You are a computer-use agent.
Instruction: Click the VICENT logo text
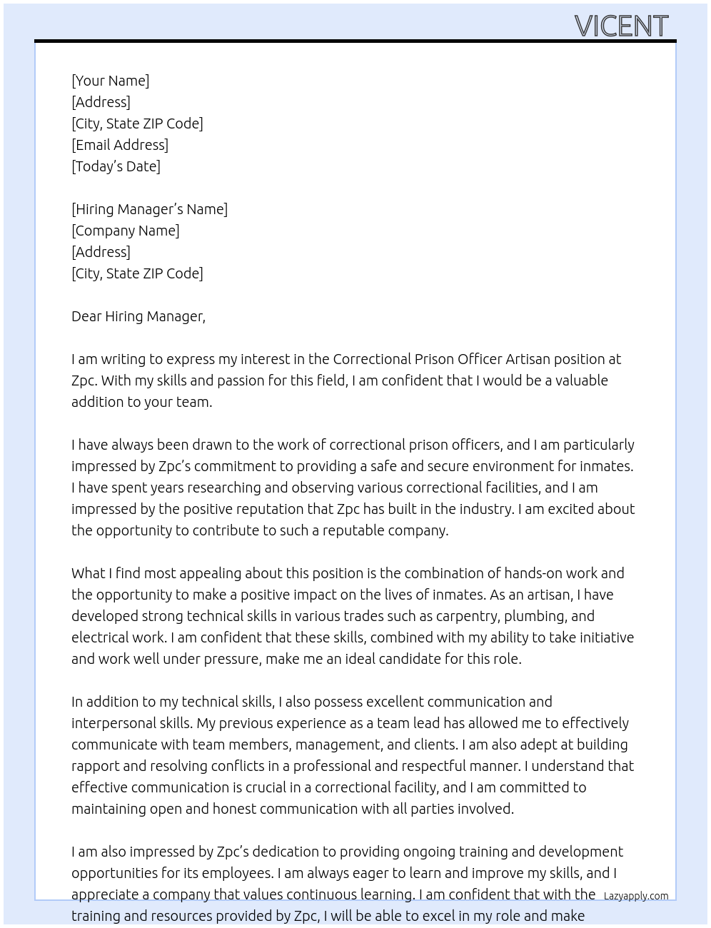[621, 26]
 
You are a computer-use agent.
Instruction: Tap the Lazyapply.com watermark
[635, 895]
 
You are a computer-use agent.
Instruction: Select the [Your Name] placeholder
[110, 81]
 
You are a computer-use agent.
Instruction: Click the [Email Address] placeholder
[120, 145]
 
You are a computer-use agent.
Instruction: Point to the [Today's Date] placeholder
[116, 166]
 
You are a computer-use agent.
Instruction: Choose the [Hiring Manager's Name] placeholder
[149, 209]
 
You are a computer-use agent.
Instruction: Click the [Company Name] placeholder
[125, 231]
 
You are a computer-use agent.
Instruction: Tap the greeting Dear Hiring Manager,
[138, 316]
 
